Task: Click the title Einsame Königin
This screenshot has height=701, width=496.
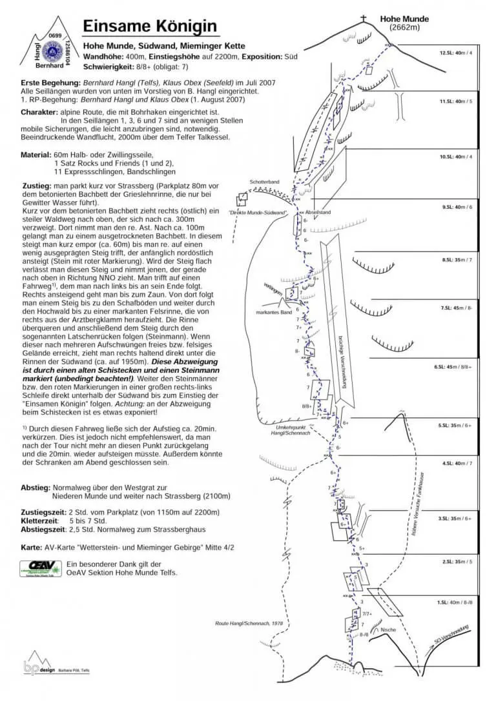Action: (x=150, y=26)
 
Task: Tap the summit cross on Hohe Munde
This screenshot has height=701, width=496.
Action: (x=363, y=19)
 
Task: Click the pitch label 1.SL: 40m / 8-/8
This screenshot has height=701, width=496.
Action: (x=455, y=602)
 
